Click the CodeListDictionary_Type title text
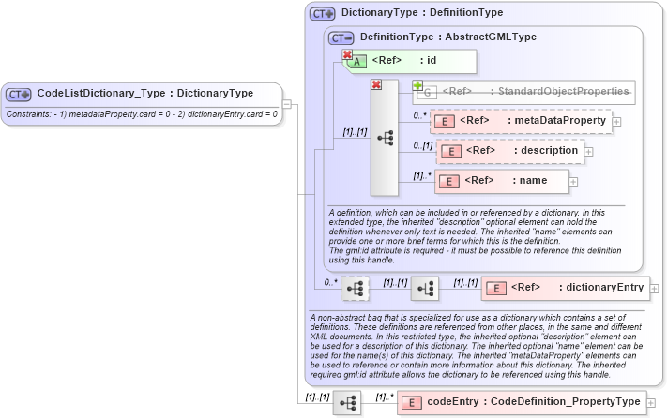coord(144,94)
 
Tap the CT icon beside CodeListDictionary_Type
coord(19,94)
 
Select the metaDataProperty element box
coord(521,121)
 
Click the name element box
coord(502,181)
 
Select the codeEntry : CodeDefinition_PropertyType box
coord(521,402)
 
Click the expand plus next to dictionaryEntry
coord(654,289)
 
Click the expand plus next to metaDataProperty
coord(616,121)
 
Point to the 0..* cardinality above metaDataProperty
coord(420,115)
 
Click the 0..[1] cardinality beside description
coord(422,145)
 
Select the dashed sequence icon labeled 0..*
coord(355,289)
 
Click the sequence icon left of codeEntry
coord(346,402)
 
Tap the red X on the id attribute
coord(347,55)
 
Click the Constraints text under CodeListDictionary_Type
coord(143,113)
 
